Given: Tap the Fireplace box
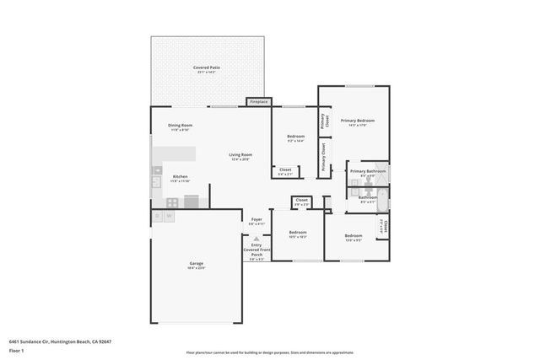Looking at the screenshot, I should coord(258,102).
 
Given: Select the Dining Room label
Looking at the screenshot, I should coord(180,126).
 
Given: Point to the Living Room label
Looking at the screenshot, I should coord(240,155).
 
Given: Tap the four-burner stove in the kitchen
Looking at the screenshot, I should coord(172,201).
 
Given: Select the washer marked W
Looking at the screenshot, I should coord(170,216).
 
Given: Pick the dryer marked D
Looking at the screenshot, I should coord(158,216).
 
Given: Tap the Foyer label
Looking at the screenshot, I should coord(256,220).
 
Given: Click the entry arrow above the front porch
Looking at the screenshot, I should coord(256,239).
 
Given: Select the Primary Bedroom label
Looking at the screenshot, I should coord(357,121).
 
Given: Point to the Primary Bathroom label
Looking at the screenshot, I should coord(368,171).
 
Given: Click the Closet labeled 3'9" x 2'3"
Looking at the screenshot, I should coord(301,201).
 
